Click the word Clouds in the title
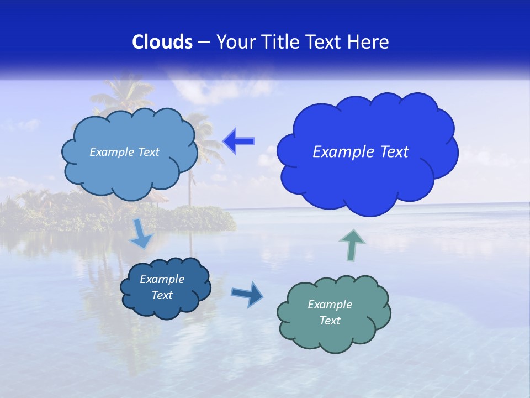162,42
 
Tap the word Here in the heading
368,42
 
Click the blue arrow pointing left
239,142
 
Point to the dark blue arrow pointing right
247,294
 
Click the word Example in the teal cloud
330,305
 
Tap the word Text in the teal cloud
330,321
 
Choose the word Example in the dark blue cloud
162,279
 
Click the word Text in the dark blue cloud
162,295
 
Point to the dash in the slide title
204,42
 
